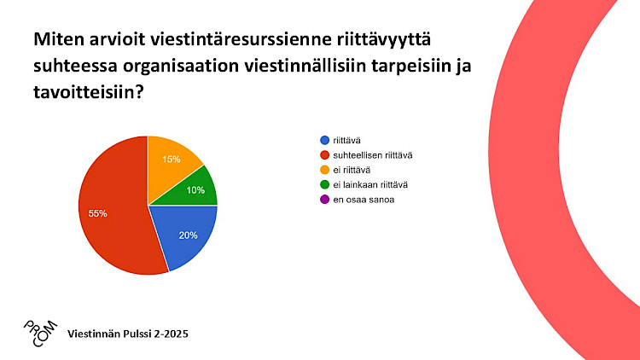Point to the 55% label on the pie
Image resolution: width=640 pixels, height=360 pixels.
(x=97, y=213)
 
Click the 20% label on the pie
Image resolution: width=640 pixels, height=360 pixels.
(x=189, y=235)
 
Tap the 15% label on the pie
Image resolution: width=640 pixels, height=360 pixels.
(x=171, y=160)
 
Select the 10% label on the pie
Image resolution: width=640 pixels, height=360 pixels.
(x=195, y=190)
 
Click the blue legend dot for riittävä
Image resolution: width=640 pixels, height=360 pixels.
(x=325, y=141)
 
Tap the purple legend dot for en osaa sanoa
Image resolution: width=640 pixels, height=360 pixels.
(x=325, y=200)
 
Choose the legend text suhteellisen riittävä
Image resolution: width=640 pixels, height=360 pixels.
(x=373, y=155)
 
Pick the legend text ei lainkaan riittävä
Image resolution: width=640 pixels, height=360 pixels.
(x=370, y=185)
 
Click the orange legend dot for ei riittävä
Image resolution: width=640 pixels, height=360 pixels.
(x=325, y=170)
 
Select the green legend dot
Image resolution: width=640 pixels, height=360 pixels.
(x=325, y=184)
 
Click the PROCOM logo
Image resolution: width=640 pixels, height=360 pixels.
(x=40, y=334)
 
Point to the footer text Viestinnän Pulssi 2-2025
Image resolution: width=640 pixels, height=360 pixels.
(x=128, y=334)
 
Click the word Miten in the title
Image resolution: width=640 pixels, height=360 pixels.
(x=56, y=39)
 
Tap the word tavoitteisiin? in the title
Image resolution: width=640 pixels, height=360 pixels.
(x=89, y=92)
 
